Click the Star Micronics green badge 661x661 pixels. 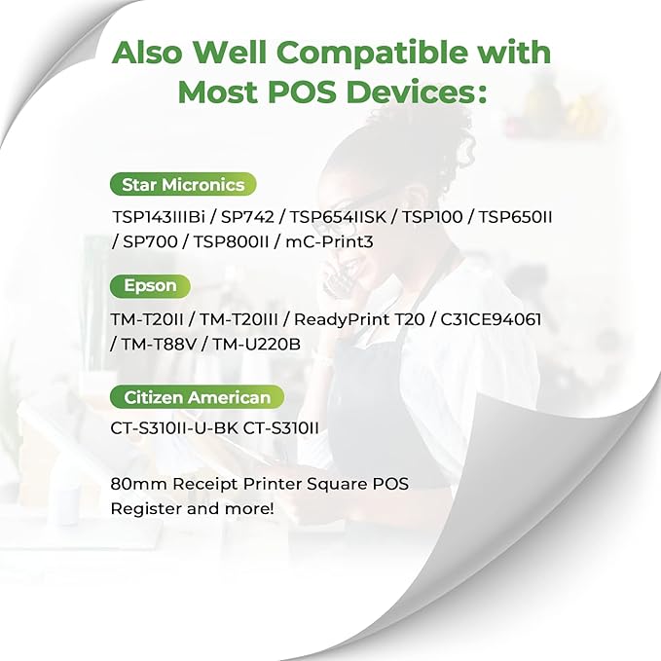(183, 185)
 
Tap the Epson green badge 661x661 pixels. (150, 286)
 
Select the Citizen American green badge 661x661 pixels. (197, 397)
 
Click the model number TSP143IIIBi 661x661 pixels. (159, 217)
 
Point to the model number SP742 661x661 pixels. (247, 217)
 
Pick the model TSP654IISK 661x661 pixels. (338, 217)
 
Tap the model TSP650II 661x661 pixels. (516, 217)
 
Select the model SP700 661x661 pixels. (150, 242)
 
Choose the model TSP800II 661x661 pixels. (231, 242)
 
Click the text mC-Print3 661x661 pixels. (329, 242)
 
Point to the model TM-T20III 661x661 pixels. (239, 319)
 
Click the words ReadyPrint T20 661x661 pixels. (359, 320)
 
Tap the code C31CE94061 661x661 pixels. (491, 319)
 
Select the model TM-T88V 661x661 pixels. (159, 345)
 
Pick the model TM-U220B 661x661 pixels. (257, 345)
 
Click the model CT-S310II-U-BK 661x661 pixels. (174, 428)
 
